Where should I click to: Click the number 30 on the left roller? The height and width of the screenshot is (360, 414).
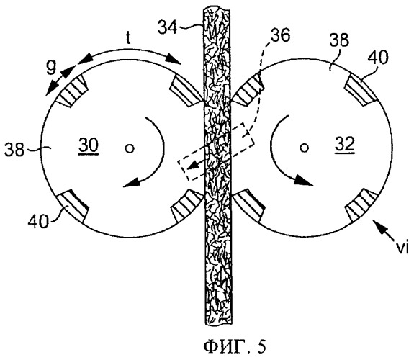click(89, 146)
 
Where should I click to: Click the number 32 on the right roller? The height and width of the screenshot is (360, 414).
click(344, 145)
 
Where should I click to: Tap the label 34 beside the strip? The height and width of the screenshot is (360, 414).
click(167, 27)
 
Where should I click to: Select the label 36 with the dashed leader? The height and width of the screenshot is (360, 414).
click(282, 35)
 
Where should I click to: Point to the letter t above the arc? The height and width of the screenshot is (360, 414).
click(128, 37)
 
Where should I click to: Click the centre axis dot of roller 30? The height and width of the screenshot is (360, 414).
click(130, 149)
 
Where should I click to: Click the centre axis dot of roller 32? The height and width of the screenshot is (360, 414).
click(305, 148)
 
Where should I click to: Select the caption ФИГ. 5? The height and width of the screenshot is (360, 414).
click(235, 346)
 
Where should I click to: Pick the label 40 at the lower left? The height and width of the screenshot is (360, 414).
click(38, 221)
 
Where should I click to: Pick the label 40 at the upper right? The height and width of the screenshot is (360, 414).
click(378, 57)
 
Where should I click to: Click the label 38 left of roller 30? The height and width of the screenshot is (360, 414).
click(14, 150)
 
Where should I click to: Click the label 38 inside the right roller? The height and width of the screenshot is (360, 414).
click(340, 40)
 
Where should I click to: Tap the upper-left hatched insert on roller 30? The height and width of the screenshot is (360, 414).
click(71, 90)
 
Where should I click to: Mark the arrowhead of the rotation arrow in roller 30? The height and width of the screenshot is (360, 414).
click(131, 184)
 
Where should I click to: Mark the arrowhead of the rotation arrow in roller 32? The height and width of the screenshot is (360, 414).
click(304, 181)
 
